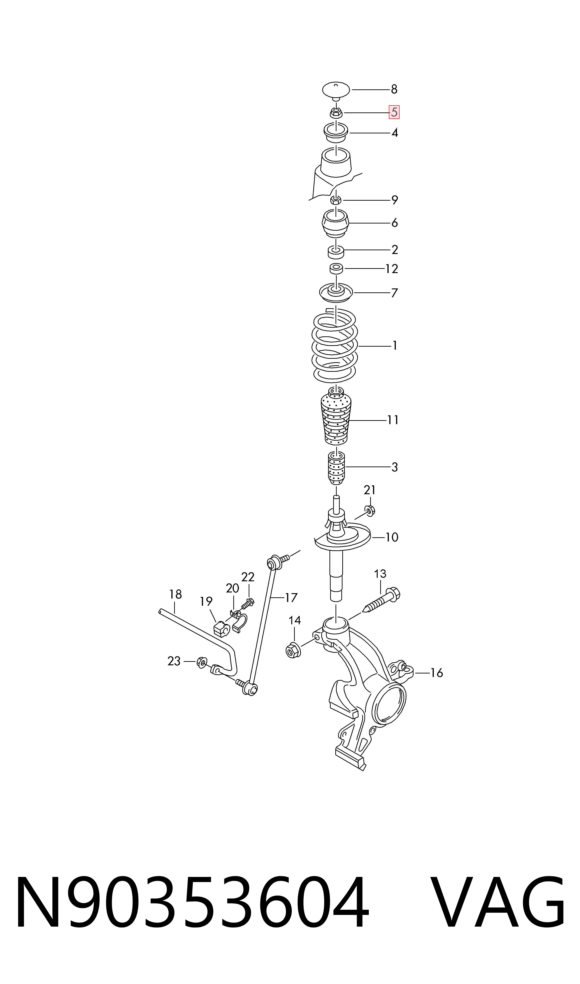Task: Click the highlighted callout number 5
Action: click(x=394, y=112)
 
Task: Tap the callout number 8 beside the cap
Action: click(x=394, y=89)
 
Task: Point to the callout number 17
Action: click(x=291, y=597)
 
